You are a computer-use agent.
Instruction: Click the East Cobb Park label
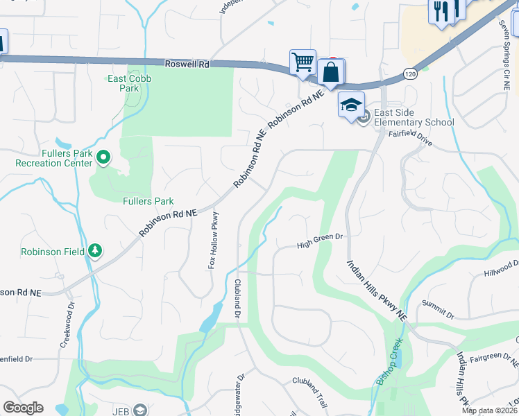click(x=130, y=83)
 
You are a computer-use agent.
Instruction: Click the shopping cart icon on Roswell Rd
click(x=303, y=62)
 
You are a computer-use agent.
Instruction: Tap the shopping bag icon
click(x=331, y=71)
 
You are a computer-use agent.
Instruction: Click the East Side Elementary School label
click(x=414, y=118)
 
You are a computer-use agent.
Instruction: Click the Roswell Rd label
click(x=187, y=64)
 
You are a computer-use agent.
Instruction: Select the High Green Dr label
click(x=320, y=241)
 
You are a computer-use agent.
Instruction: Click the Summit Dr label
click(x=437, y=310)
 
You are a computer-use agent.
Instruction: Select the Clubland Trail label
click(x=309, y=381)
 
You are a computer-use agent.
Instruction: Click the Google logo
click(x=23, y=408)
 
